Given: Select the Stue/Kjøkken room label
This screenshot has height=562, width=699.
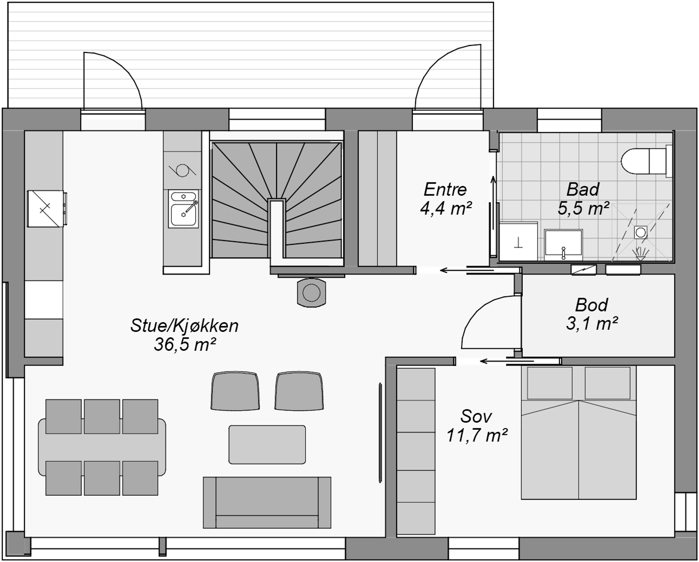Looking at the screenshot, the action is coord(184,326).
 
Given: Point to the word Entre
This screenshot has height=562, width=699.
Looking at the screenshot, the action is coord(445,189).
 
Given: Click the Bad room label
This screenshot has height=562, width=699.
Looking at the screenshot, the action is coord(583,189).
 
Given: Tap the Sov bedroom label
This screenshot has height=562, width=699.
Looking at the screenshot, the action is coord(476,417).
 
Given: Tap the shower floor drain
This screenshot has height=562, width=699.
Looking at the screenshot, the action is coord(641,232).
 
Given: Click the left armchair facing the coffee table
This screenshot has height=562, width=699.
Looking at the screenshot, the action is coord(235,391).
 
